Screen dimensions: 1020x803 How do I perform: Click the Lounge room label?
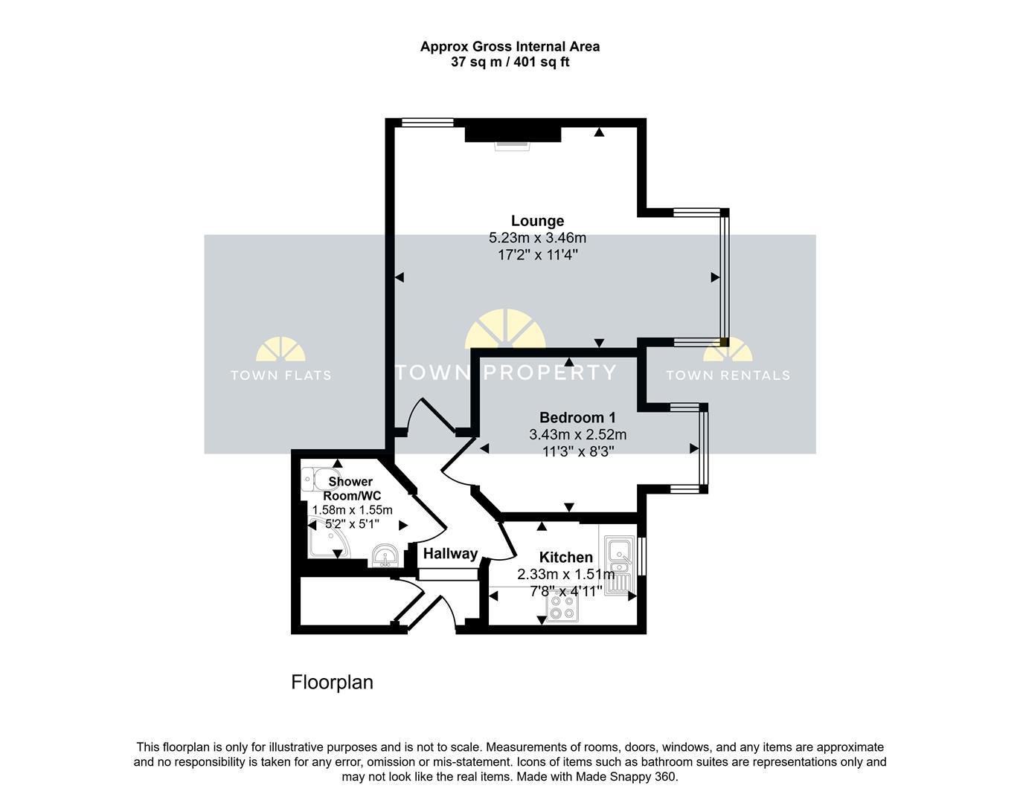[x=537, y=221]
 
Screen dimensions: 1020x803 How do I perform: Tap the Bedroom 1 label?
[x=577, y=417]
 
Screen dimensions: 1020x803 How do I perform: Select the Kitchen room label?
[x=565, y=557]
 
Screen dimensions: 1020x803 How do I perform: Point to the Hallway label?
[x=450, y=553]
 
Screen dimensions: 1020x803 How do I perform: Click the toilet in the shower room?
[x=321, y=480]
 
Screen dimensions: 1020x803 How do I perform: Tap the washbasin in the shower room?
[x=385, y=555]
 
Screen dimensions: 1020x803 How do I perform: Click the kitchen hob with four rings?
[x=562, y=607]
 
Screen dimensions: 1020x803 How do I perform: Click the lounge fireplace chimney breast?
[x=513, y=134]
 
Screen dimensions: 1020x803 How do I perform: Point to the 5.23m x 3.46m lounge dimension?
[x=537, y=237]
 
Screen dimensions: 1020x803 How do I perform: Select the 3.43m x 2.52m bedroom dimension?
[x=578, y=434]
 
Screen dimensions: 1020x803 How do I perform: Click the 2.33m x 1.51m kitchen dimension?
[x=566, y=574]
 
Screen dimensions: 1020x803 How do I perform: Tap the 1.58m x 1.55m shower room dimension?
[x=352, y=510]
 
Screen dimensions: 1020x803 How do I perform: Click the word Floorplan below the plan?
[x=333, y=683]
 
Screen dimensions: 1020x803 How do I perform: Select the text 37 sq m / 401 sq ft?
[x=510, y=62]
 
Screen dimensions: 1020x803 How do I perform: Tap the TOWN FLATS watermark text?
[x=281, y=375]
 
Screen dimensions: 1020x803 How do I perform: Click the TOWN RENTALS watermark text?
[x=728, y=375]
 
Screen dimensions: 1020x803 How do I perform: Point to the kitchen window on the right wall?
[x=641, y=555]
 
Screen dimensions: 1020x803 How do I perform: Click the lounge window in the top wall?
[x=428, y=122]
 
